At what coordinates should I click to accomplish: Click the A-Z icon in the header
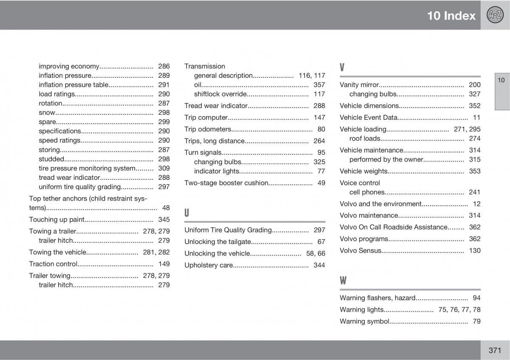(x=495, y=15)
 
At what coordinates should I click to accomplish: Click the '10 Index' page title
(x=451, y=16)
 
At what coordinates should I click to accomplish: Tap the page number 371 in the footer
(x=495, y=350)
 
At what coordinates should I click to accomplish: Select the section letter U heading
(x=187, y=213)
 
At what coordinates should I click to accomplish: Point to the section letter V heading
(x=342, y=68)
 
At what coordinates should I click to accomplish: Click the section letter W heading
(x=343, y=281)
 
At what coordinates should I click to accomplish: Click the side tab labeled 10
(x=501, y=80)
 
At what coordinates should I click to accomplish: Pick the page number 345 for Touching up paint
(x=164, y=220)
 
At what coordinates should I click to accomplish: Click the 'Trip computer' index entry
(x=206, y=118)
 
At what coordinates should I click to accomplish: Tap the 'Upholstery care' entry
(x=209, y=265)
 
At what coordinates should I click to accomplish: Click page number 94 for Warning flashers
(x=476, y=298)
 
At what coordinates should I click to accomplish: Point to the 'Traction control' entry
(x=53, y=264)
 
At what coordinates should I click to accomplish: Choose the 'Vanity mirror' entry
(x=359, y=85)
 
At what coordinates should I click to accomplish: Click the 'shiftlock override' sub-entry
(x=220, y=94)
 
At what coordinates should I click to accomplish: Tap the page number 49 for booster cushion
(x=321, y=183)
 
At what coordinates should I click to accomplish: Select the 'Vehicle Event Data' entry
(x=368, y=118)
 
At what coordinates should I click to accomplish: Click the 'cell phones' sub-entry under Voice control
(x=367, y=192)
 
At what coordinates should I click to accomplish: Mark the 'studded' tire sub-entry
(x=51, y=159)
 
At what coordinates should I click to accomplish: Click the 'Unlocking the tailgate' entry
(x=218, y=242)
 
